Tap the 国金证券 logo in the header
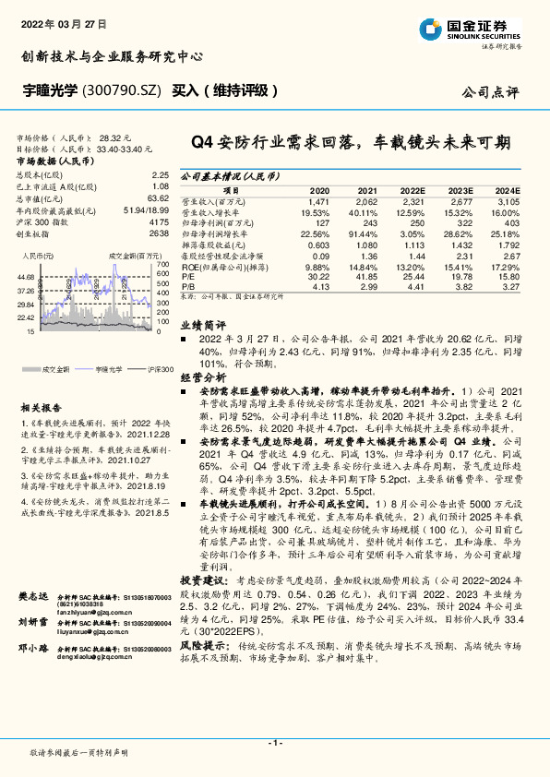(474, 29)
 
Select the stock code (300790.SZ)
(123, 90)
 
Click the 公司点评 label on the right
(495, 93)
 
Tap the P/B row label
(186, 285)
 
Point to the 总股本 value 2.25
(160, 174)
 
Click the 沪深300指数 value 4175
(159, 222)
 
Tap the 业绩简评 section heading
(202, 326)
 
